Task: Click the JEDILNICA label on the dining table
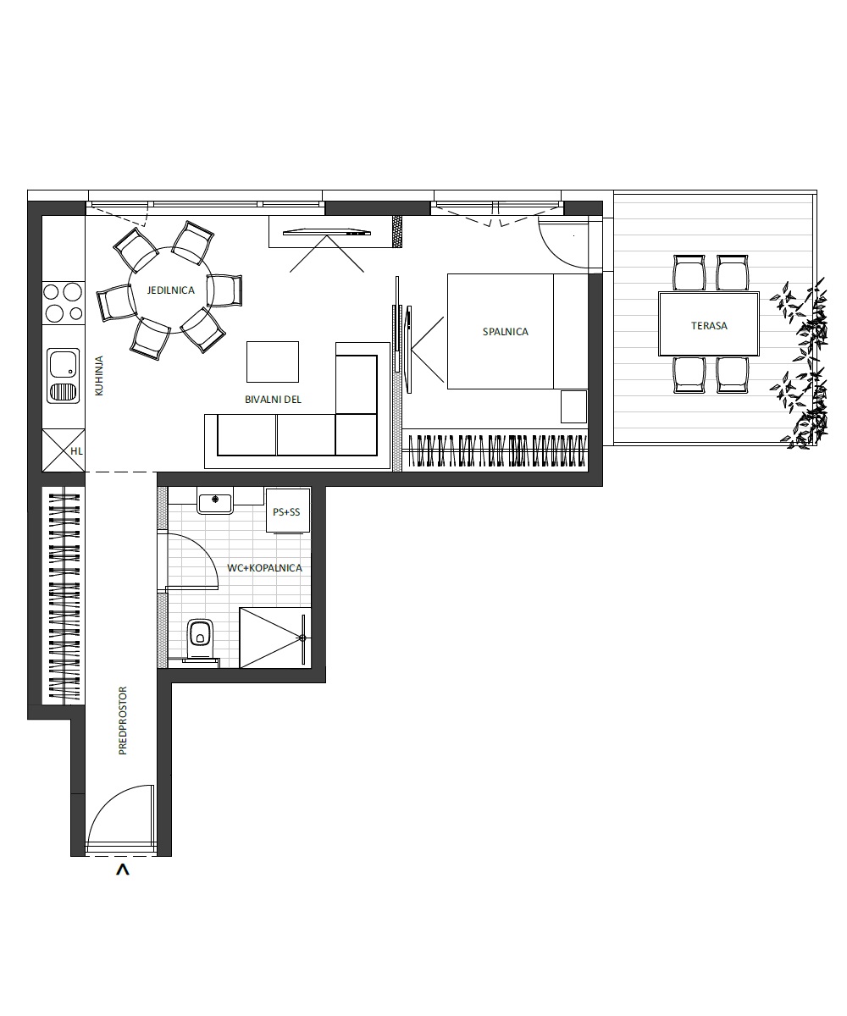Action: coord(170,290)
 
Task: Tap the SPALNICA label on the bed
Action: coord(506,332)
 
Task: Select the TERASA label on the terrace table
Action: coord(709,325)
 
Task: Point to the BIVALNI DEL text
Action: coord(273,400)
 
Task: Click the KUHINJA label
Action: coord(99,376)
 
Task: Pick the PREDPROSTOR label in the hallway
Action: coord(122,721)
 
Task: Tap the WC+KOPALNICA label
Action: coord(264,568)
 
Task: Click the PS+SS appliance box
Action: coord(288,511)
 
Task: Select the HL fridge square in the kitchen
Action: coord(64,450)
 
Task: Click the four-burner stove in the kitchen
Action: coord(64,302)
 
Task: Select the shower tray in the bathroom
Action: coord(275,638)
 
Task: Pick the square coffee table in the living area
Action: coord(273,362)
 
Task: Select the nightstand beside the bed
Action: coord(573,406)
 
